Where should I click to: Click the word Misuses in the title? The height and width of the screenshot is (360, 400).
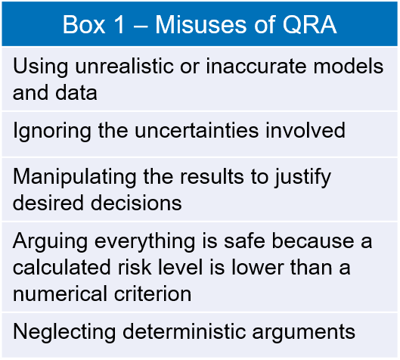click(201, 24)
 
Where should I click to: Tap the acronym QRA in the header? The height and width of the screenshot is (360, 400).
click(309, 25)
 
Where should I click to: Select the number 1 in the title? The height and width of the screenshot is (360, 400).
click(119, 24)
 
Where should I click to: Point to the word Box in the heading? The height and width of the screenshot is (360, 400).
click(84, 24)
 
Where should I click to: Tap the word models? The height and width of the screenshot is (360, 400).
click(349, 67)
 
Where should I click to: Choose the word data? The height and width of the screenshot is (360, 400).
click(76, 92)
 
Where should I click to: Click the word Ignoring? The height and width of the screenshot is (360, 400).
click(51, 131)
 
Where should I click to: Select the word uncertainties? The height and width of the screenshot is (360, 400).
click(197, 131)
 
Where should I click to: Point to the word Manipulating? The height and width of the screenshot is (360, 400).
click(75, 177)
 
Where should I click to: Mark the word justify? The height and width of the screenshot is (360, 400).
click(302, 177)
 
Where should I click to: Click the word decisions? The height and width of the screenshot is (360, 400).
click(136, 203)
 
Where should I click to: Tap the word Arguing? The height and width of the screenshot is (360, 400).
click(50, 241)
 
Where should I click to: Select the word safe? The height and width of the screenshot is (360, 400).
click(244, 241)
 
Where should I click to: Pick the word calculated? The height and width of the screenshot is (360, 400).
click(61, 268)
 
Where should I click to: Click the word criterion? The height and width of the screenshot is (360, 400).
click(153, 293)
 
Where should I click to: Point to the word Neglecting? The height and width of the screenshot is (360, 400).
click(64, 332)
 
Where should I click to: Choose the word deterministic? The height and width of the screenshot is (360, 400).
click(184, 332)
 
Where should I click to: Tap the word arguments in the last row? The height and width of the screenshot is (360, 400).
click(303, 333)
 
